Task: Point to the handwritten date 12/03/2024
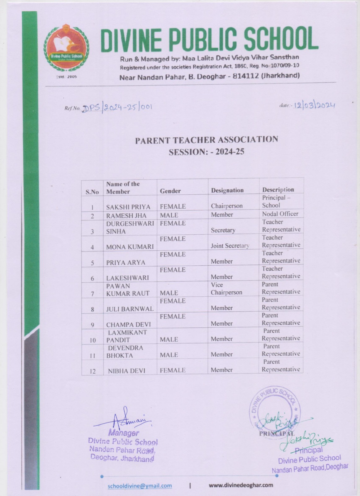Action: point(314,106)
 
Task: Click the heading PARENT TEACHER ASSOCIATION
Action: point(206,140)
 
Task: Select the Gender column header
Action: point(170,191)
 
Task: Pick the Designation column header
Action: point(227,190)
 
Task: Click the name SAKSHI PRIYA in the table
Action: point(128,207)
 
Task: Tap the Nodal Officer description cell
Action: point(280,214)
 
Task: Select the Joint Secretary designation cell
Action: point(230,246)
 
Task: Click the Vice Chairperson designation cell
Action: point(226,289)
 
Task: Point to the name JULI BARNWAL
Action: point(130,309)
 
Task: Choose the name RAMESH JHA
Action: point(126,216)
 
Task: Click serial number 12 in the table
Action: point(93,371)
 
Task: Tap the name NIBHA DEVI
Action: point(126,371)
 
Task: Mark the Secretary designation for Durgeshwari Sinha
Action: point(223,230)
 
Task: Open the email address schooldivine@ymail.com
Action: point(140,486)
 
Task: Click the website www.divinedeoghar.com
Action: point(241,485)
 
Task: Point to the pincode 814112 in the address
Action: point(245,76)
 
